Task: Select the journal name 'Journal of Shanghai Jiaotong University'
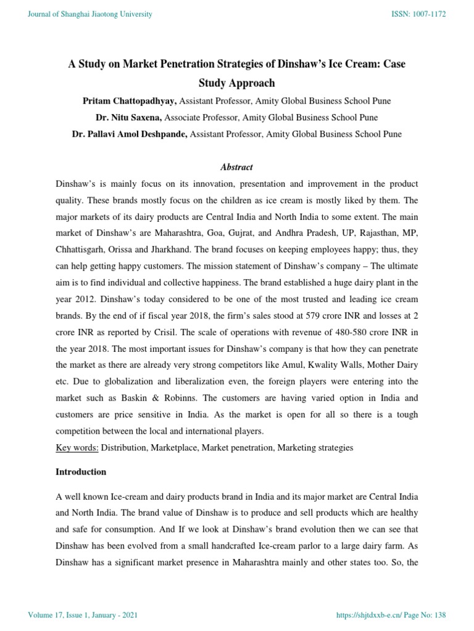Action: click(90, 14)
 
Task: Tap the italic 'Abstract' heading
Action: click(236, 167)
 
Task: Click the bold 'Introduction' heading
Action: click(81, 471)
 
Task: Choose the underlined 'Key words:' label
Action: click(77, 447)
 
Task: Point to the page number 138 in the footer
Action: click(438, 616)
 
